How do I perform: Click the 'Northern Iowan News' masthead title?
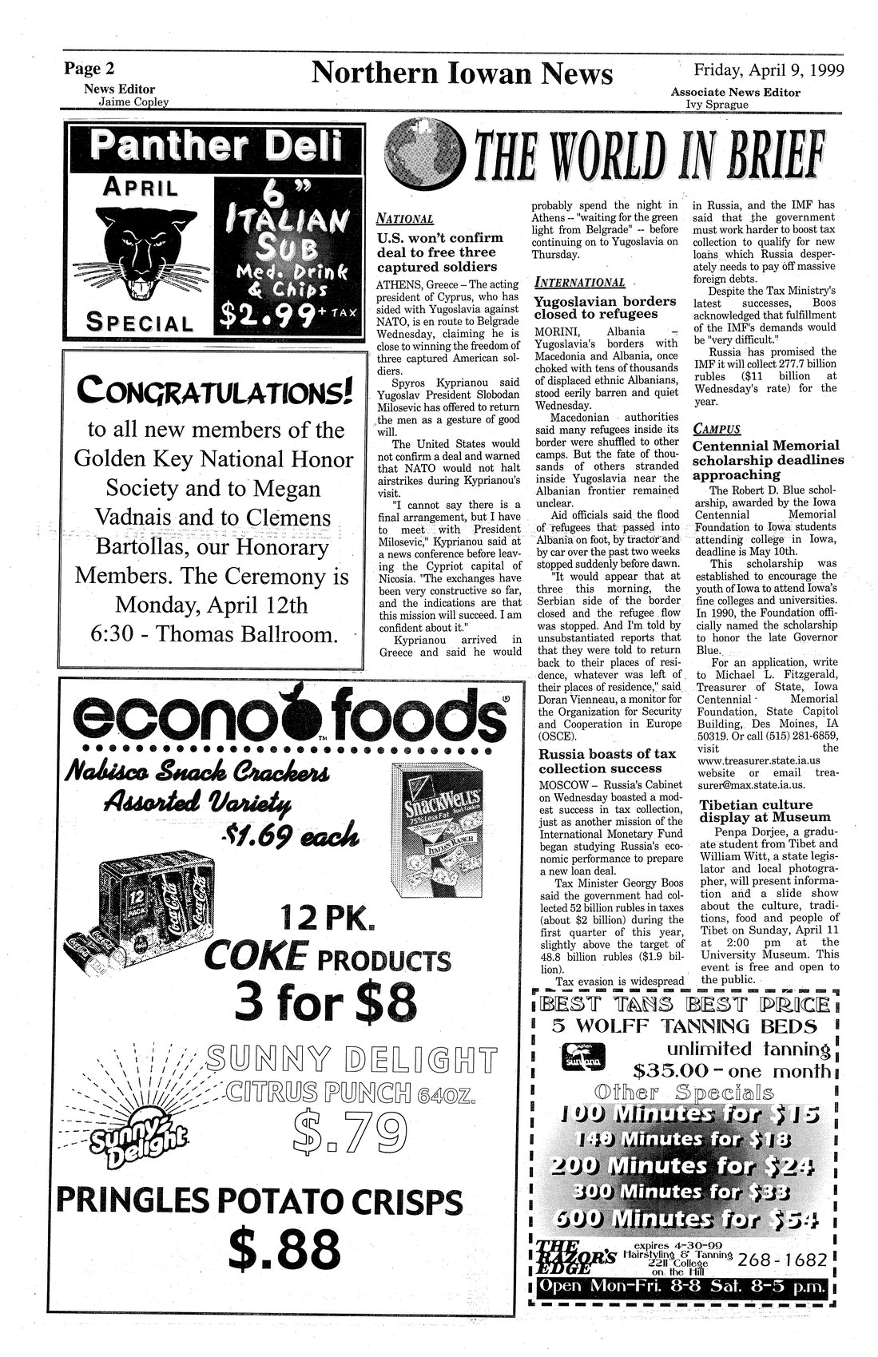click(462, 73)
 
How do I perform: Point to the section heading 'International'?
click(578, 282)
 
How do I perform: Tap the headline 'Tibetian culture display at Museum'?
click(755, 811)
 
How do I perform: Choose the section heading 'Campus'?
click(717, 428)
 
